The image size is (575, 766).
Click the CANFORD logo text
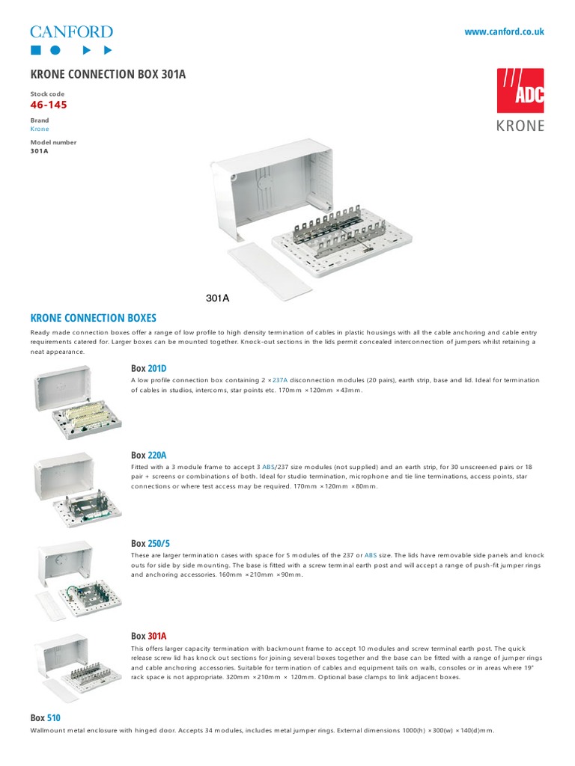click(71, 31)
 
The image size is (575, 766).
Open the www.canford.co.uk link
click(504, 31)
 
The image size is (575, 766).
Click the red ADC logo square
click(520, 91)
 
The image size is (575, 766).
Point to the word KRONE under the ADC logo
click(520, 126)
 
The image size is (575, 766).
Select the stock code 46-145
click(49, 105)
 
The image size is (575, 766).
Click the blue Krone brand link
click(39, 129)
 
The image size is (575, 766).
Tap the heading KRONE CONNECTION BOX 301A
click(108, 75)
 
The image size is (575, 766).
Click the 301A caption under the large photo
click(217, 298)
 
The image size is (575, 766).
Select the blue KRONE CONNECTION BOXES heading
click(93, 318)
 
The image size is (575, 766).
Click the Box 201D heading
click(148, 368)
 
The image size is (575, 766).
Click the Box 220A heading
click(148, 455)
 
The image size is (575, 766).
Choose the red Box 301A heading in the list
click(148, 636)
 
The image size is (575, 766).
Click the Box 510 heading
click(45, 717)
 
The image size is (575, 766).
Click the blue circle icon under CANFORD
click(55, 50)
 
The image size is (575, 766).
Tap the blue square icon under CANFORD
click(34, 50)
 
